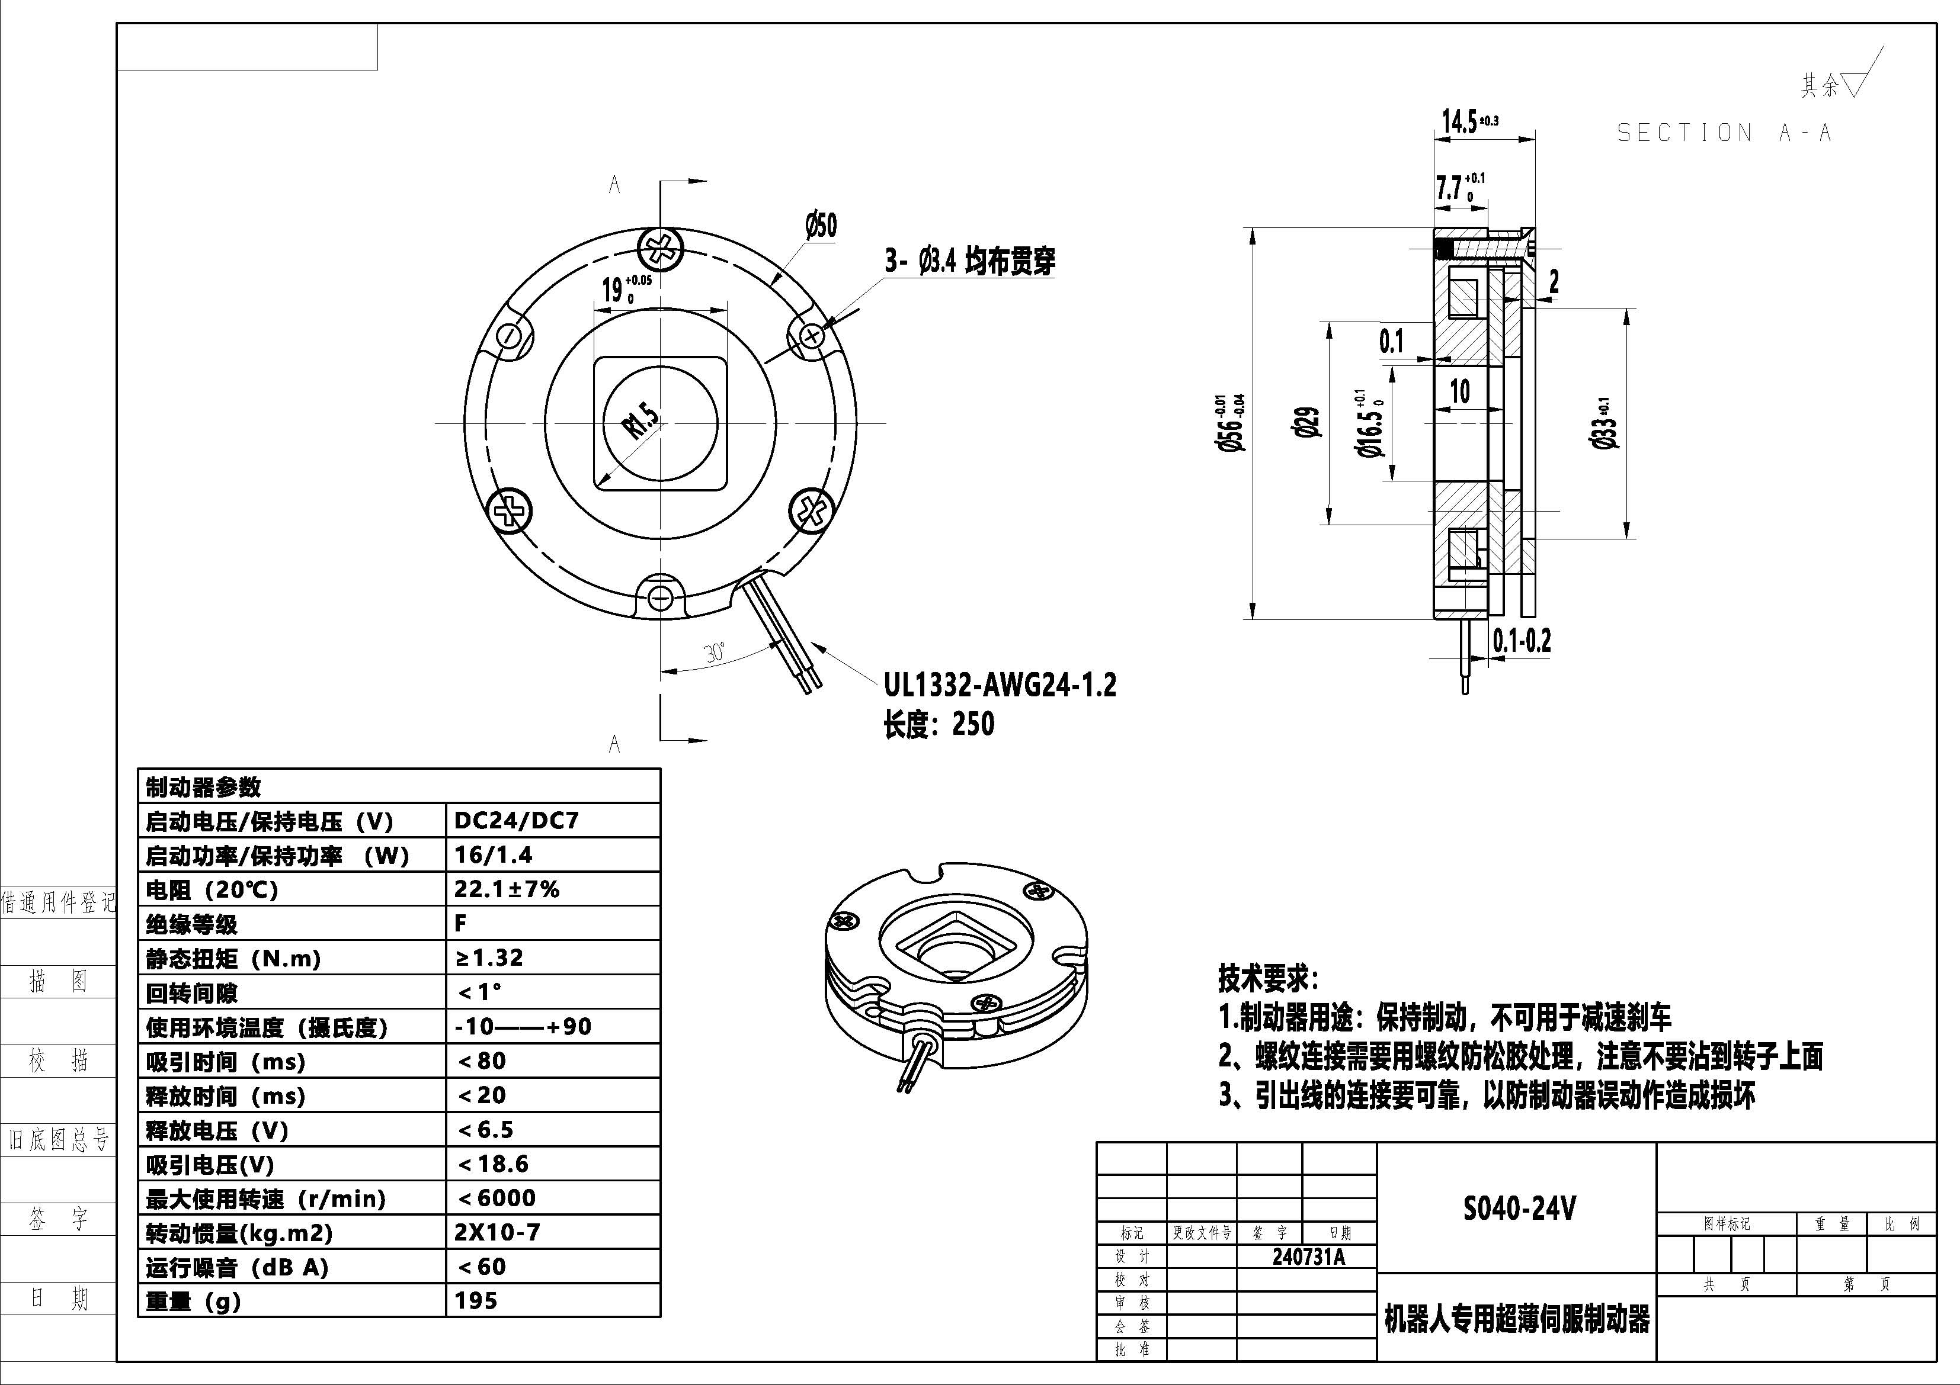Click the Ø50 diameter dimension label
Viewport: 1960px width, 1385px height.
click(821, 226)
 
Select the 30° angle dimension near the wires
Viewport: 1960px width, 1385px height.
click(715, 653)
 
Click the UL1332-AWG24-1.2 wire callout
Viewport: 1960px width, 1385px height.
click(1000, 685)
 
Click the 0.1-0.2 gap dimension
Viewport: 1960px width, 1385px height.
click(1521, 640)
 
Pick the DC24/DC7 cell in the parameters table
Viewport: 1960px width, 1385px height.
click(517, 820)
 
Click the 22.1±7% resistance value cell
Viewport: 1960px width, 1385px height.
click(506, 889)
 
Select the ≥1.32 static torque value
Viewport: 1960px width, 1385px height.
click(489, 957)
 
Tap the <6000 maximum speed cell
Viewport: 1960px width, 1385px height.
click(497, 1198)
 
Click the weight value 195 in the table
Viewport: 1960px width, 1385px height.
click(476, 1300)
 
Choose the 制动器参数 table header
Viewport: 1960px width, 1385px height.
click(203, 786)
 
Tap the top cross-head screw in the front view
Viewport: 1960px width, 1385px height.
click(660, 249)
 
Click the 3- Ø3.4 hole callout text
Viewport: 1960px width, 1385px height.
click(970, 261)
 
